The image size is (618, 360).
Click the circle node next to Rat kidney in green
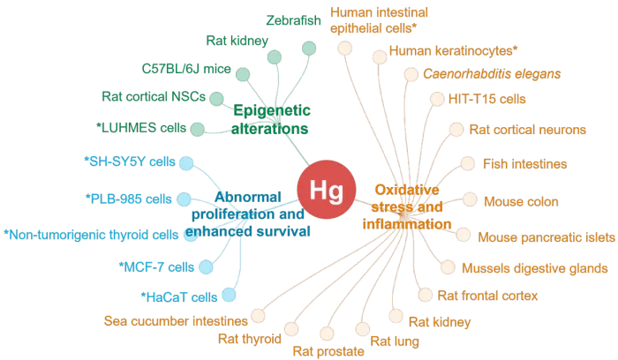pyautogui.click(x=275, y=58)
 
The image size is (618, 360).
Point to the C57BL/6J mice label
pyautogui.click(x=185, y=69)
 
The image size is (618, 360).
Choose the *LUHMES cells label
pyautogui.click(x=141, y=128)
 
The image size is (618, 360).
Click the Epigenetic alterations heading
pyautogui.click(x=271, y=119)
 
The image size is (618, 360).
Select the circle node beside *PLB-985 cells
pyautogui.click(x=185, y=199)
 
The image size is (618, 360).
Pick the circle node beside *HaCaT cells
pyautogui.click(x=229, y=296)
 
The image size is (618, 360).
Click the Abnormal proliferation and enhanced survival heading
pyautogui.click(x=248, y=214)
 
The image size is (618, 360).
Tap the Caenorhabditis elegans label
pyautogui.click(x=492, y=74)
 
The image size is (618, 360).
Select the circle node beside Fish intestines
pyautogui.click(x=466, y=164)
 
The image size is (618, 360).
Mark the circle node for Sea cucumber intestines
pyautogui.click(x=258, y=314)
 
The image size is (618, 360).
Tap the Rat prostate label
pyautogui.click(x=328, y=350)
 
